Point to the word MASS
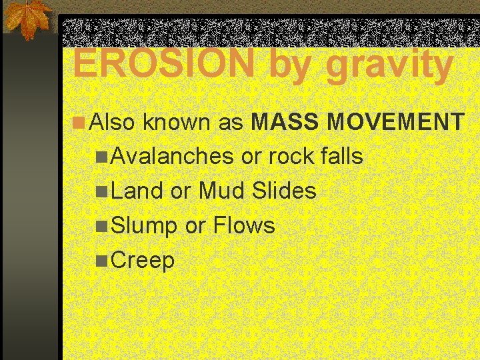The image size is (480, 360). [287, 122]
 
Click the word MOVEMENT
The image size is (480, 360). [397, 122]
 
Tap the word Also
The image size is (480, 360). [113, 122]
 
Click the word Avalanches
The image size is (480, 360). [172, 157]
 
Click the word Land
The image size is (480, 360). [137, 191]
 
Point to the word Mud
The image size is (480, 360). [223, 191]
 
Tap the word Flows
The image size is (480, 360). [243, 226]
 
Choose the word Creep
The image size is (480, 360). [143, 261]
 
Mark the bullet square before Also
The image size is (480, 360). [79, 123]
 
